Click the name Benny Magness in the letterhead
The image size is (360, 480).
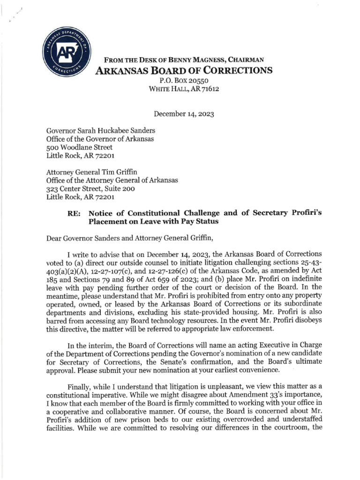tap(201, 60)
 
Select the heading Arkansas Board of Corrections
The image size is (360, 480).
tap(184, 70)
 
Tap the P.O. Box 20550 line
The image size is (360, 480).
tap(184, 80)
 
